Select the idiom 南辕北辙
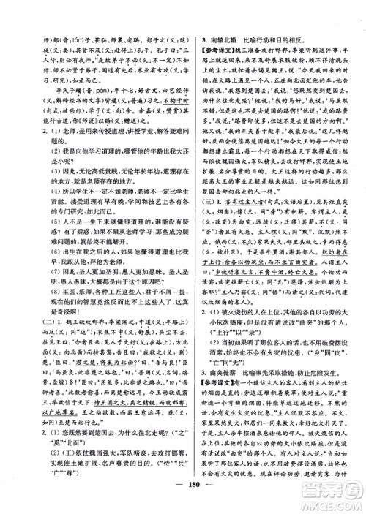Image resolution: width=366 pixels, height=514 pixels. [225, 34]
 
